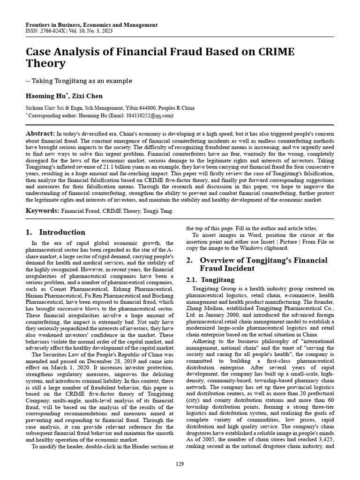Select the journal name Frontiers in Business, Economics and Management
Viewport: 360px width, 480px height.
click(91, 25)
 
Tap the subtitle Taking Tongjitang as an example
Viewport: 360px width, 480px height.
click(82, 81)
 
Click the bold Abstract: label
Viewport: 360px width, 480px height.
click(40, 134)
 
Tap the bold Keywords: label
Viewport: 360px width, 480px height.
click(42, 210)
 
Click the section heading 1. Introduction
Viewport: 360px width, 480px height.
click(55, 232)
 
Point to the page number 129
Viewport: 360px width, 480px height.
click(180, 464)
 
